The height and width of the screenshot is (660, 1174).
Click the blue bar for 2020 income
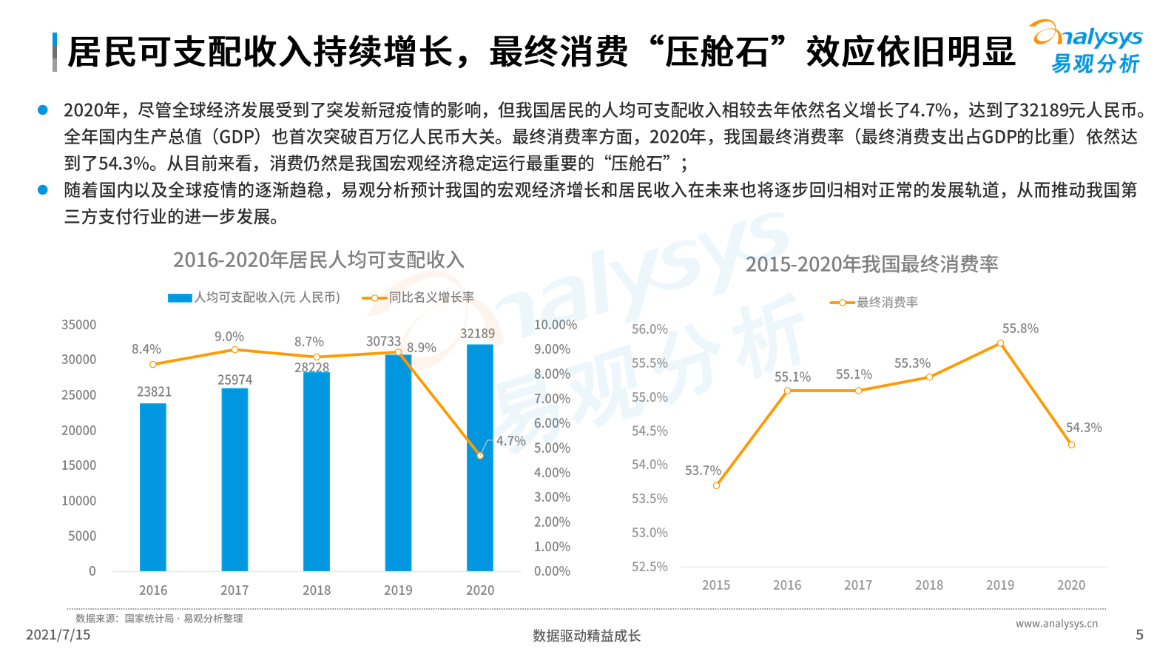[480, 459]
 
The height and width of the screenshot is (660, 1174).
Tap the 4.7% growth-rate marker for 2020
[480, 456]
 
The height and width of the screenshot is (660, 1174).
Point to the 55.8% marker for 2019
[1000, 343]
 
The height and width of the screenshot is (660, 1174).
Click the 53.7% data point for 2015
[716, 485]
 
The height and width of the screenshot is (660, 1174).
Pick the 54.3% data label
[1084, 428]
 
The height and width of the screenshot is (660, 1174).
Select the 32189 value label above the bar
[477, 334]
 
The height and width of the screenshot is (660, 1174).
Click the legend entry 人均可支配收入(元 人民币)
[254, 297]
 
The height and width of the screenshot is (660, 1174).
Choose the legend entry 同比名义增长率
[419, 297]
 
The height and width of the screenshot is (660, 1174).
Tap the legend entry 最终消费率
[874, 303]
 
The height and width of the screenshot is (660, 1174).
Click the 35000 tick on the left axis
[79, 325]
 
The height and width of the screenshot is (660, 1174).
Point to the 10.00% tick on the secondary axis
[555, 325]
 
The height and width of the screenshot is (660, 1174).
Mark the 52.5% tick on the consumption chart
[650, 567]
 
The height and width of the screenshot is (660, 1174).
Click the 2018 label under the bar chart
[317, 590]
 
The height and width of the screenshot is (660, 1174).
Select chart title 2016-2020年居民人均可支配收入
[319, 260]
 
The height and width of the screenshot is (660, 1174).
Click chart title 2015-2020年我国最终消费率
[871, 264]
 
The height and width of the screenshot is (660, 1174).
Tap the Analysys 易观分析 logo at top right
[1086, 47]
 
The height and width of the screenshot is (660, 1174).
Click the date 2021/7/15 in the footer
[58, 635]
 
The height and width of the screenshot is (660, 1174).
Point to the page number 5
[1139, 635]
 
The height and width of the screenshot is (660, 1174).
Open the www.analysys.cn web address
[1056, 624]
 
